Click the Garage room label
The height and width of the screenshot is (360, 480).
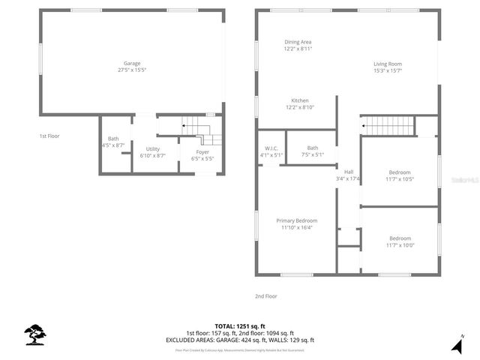(132, 63)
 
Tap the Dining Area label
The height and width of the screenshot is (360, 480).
(298, 42)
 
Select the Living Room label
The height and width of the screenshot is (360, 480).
(388, 64)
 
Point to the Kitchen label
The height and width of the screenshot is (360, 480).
(300, 100)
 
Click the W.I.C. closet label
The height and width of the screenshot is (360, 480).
(271, 148)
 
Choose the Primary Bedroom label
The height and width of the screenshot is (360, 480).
(297, 220)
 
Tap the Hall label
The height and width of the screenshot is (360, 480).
(348, 172)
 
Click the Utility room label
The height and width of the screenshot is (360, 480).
(152, 149)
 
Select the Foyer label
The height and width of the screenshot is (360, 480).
(202, 152)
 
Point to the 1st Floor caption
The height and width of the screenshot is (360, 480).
(49, 136)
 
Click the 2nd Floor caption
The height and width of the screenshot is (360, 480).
(265, 296)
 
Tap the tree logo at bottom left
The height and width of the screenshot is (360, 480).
(34, 334)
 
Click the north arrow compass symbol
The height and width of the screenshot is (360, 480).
(457, 345)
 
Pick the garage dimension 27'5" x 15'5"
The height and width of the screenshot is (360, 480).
(132, 70)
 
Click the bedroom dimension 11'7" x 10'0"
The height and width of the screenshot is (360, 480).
(400, 245)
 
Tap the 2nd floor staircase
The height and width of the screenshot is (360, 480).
(387, 124)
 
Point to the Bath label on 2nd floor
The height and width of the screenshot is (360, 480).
(312, 148)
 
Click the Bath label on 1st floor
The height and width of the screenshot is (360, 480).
(113, 138)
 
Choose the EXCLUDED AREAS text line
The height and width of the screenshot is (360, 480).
(240, 340)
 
